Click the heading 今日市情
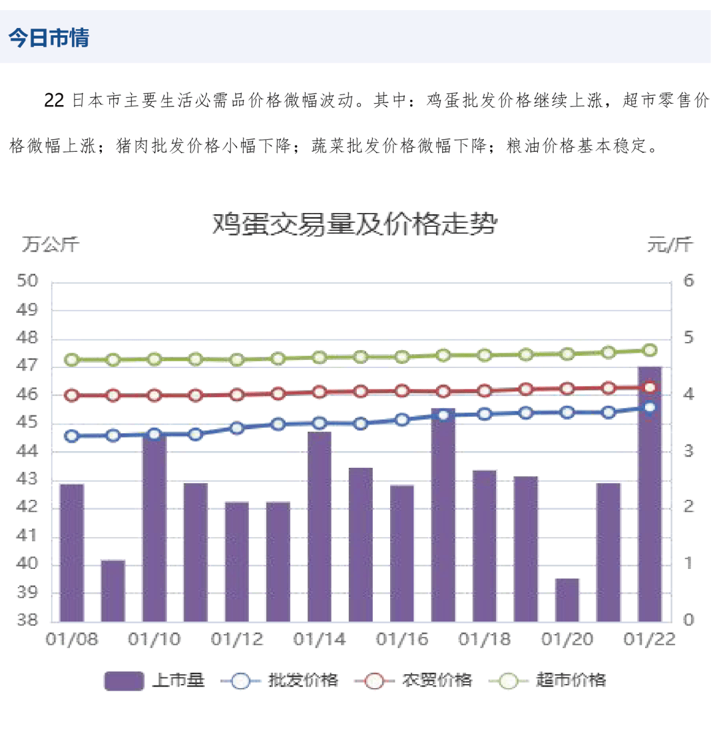click(49, 38)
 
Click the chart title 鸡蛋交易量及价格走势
click(354, 224)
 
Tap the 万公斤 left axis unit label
click(51, 245)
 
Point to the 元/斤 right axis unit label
click(670, 245)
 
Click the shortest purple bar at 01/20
click(567, 600)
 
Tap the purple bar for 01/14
click(320, 526)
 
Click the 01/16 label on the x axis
click(402, 640)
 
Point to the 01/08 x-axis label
click(72, 640)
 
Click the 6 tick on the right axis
click(688, 281)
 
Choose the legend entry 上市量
click(154, 680)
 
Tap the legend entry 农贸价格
click(417, 680)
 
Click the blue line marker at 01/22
click(650, 408)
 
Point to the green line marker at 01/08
click(72, 360)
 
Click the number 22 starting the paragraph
click(54, 101)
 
